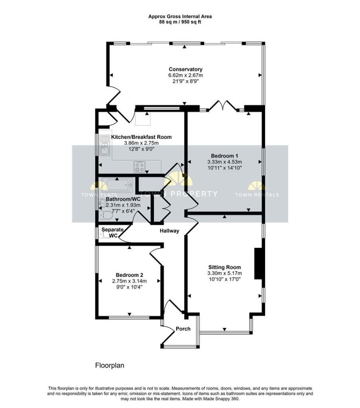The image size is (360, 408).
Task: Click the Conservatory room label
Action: pyautogui.click(x=185, y=69)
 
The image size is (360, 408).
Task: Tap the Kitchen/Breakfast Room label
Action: pyautogui.click(x=142, y=137)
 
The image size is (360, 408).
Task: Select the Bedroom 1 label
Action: pyautogui.click(x=224, y=156)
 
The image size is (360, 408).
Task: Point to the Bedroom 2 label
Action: pyautogui.click(x=130, y=275)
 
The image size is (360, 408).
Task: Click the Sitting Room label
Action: pyautogui.click(x=224, y=267)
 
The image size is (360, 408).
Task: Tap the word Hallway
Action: pyautogui.click(x=169, y=231)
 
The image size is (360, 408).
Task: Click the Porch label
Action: pyautogui.click(x=183, y=329)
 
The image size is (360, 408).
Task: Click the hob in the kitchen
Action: pyautogui.click(x=139, y=167)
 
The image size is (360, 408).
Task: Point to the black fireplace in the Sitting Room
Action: pyautogui.click(x=258, y=263)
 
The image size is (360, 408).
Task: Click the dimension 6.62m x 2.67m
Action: pyautogui.click(x=185, y=75)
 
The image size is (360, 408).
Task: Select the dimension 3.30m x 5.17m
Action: pyautogui.click(x=224, y=273)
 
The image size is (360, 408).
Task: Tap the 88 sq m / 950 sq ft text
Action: pyautogui.click(x=180, y=22)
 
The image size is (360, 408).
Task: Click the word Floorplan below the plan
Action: pyautogui.click(x=110, y=365)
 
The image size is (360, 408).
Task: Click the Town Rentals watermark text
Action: pyautogui.click(x=257, y=194)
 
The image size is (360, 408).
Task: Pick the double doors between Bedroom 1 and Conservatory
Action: pyautogui.click(x=223, y=106)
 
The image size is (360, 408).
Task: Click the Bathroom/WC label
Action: pyautogui.click(x=123, y=199)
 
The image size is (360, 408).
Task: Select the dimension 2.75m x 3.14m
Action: pyautogui.click(x=130, y=281)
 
